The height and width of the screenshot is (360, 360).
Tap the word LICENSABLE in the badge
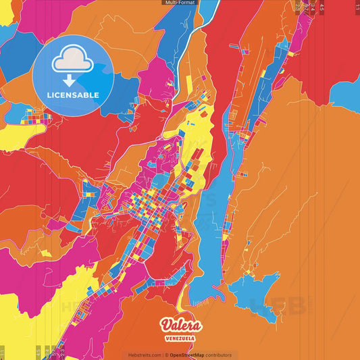73,95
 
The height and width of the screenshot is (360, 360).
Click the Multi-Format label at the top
180,3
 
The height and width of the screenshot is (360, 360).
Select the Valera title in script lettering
180,324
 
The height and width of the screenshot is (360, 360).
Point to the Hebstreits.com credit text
144,355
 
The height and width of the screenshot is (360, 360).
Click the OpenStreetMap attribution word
190,355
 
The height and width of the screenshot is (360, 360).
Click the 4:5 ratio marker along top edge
322,7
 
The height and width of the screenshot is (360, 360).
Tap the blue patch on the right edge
348,95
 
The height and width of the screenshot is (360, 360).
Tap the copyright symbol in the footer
166,355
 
